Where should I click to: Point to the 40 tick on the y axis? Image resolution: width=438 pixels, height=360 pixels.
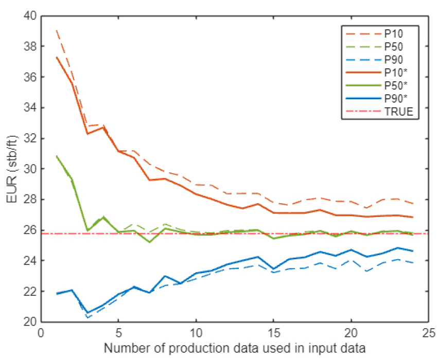tap(29, 16)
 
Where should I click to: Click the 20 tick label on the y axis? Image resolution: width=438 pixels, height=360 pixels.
tap(29, 322)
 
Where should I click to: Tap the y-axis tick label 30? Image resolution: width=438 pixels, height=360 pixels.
tap(29, 169)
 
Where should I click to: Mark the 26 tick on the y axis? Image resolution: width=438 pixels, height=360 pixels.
tap(29, 230)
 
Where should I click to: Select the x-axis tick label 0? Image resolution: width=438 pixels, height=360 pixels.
tap(41, 333)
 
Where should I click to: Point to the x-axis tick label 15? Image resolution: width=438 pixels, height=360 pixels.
tap(273, 333)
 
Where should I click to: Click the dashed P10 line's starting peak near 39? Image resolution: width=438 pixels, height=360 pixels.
tap(56, 31)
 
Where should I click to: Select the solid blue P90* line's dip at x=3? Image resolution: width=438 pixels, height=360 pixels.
tap(87, 313)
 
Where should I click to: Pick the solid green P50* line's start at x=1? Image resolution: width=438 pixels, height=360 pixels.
tap(56, 156)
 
